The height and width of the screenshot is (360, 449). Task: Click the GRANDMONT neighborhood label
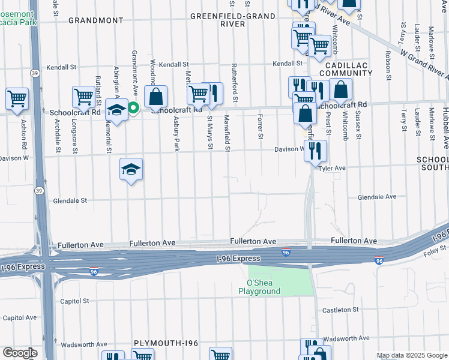coord(95,20)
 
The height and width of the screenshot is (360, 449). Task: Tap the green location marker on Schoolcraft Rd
coord(134,108)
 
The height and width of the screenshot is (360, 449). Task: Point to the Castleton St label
coord(340,310)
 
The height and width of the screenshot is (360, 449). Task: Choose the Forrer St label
coord(260,127)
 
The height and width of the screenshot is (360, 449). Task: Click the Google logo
coord(20,353)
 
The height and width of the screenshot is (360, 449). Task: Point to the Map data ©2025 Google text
coord(411,355)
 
